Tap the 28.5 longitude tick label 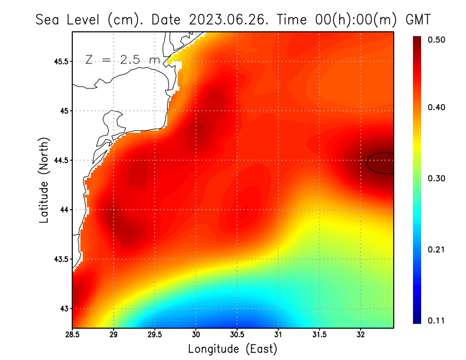73,334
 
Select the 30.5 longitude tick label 237,334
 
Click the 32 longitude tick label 361,334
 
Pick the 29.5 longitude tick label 155,334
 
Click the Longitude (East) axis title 232,349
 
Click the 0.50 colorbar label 437,39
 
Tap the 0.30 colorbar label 437,178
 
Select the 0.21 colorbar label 437,249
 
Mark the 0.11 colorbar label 437,320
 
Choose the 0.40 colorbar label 437,107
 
